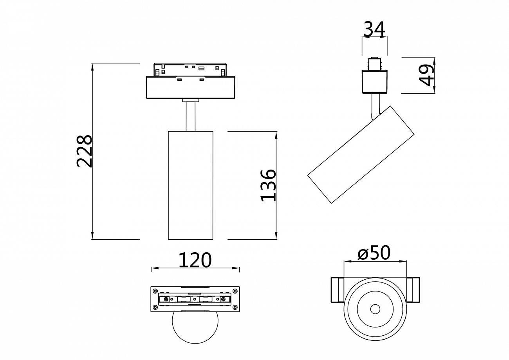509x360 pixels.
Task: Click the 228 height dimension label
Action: coord(84,151)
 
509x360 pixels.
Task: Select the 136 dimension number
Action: coord(269,185)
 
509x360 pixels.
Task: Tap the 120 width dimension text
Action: coord(195,260)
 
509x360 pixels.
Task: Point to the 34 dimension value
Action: coord(374,29)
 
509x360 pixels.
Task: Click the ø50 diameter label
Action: coord(374,253)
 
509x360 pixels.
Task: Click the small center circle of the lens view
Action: coord(375,309)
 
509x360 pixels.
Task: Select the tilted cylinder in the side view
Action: coord(361,155)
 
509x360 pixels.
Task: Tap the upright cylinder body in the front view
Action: coord(191,185)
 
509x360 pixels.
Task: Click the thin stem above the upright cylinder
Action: coord(190,116)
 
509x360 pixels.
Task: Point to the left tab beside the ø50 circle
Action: coord(337,290)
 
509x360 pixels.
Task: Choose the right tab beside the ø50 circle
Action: coord(413,290)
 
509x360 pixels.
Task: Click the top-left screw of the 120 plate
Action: coord(155,291)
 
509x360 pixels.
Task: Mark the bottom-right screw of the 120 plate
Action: coord(235,308)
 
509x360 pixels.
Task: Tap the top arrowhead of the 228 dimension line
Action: coord(93,67)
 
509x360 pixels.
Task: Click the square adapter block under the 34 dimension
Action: coord(374,81)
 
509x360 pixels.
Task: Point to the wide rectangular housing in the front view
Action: coord(191,87)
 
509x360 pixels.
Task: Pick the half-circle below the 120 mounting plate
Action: coord(195,327)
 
